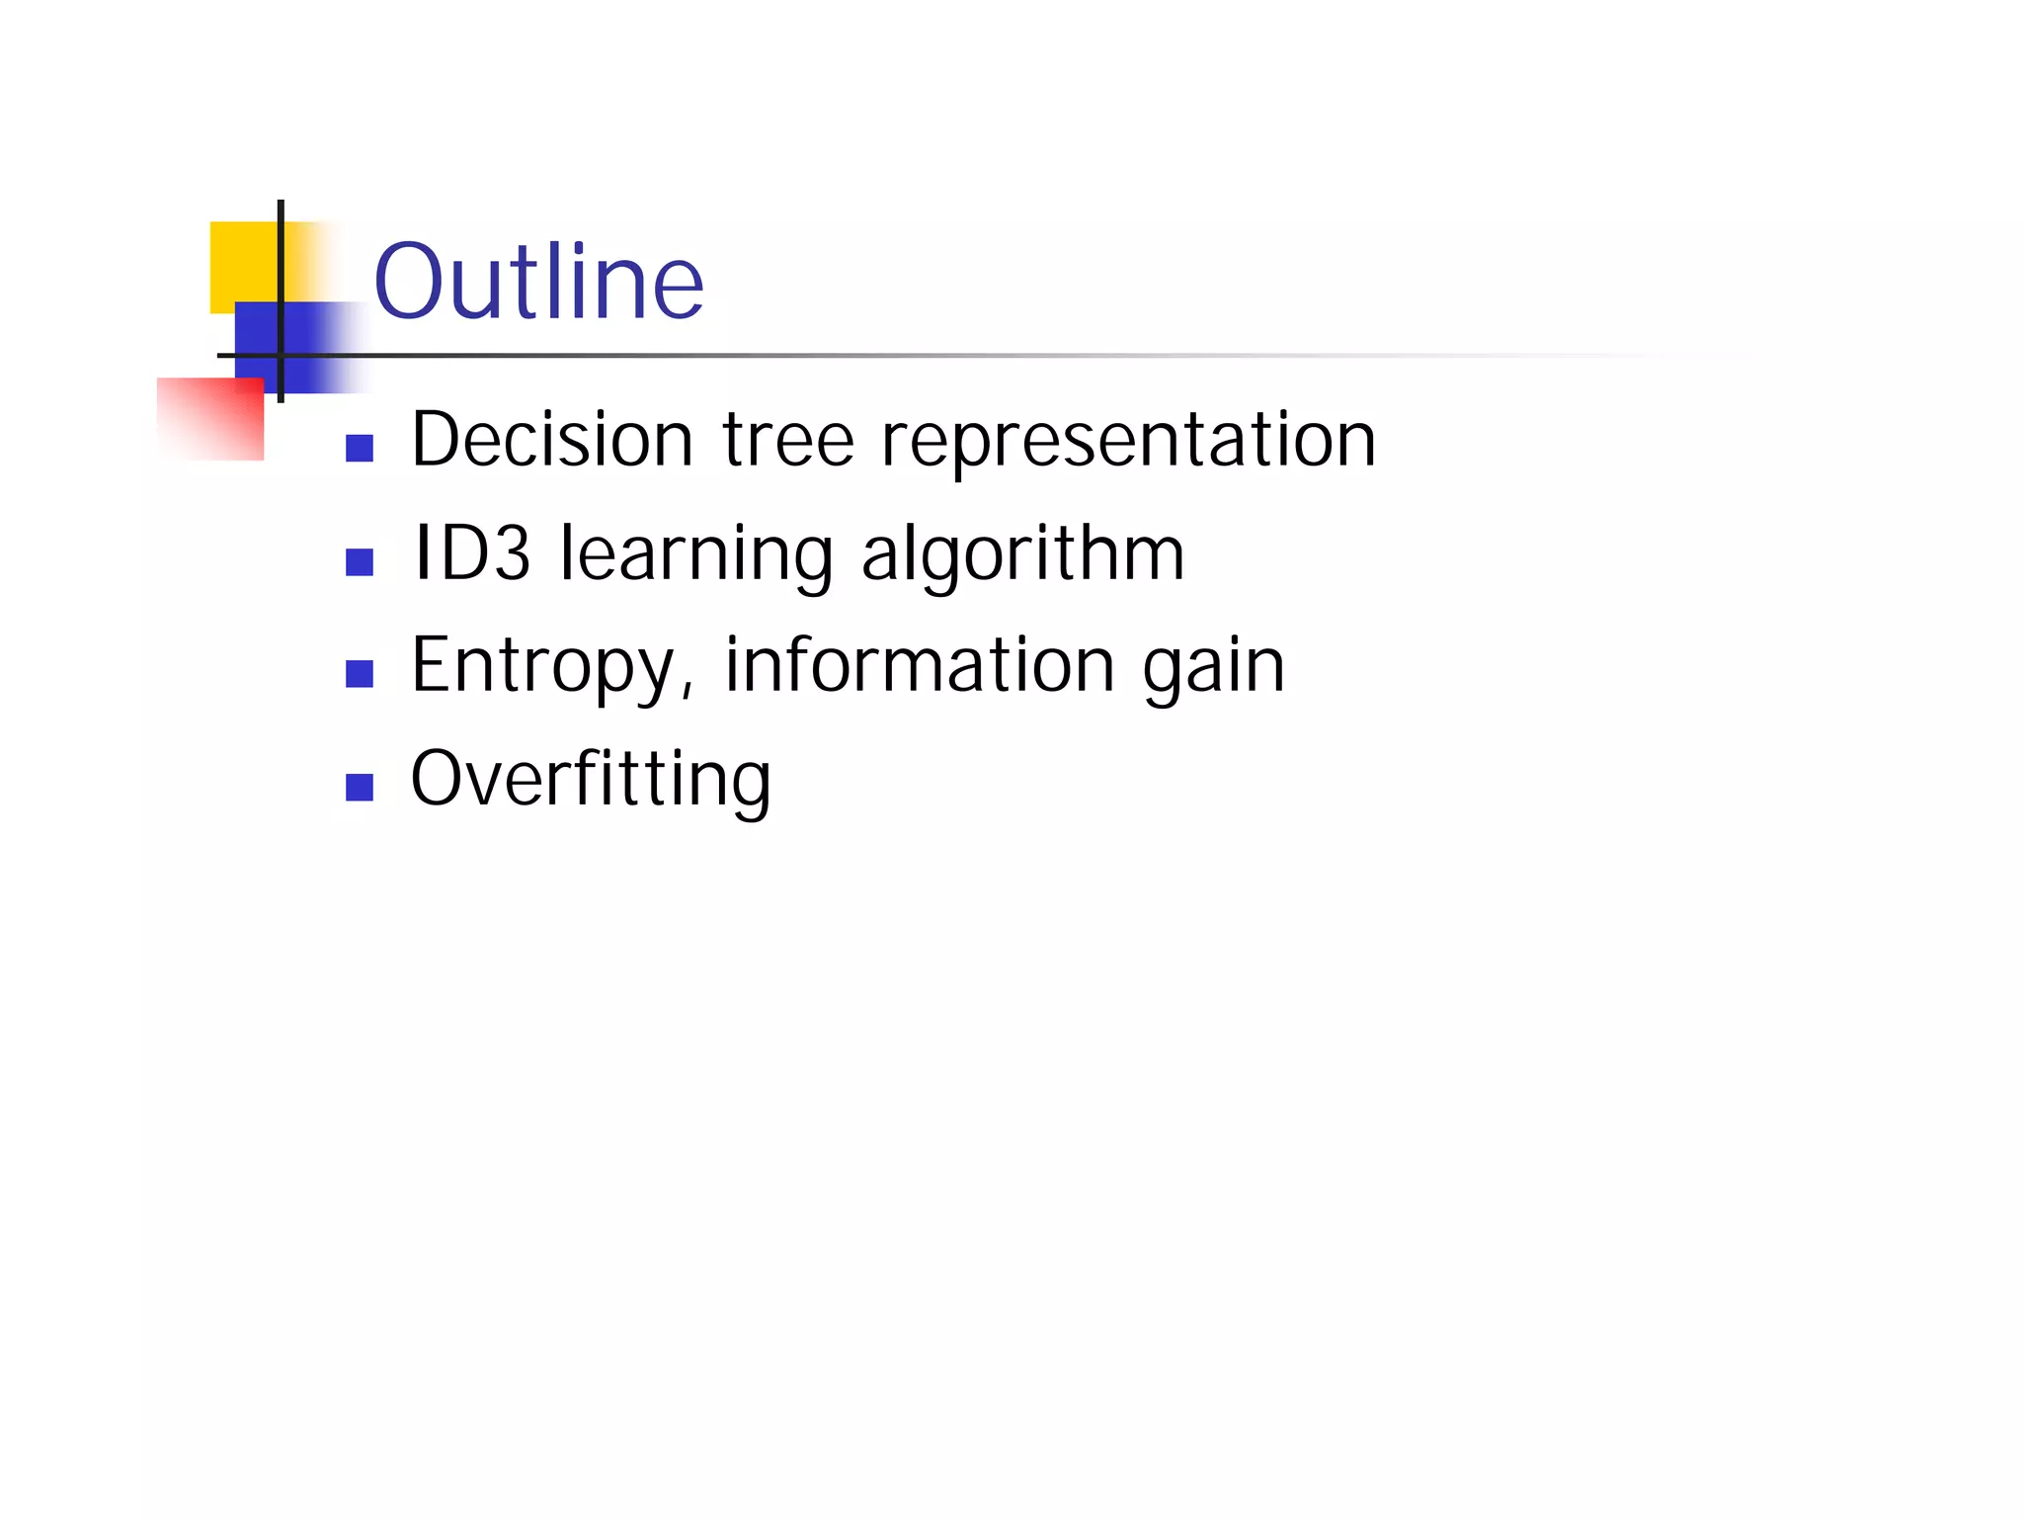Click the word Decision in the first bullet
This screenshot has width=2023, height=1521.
tap(552, 440)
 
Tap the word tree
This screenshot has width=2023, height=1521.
tap(788, 440)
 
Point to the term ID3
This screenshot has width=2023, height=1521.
tap(472, 553)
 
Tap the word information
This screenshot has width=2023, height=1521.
tap(921, 664)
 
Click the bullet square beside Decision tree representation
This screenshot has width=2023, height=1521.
tap(360, 449)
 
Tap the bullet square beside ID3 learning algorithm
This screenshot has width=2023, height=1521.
tap(360, 562)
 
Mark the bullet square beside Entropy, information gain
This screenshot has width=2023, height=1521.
tap(360, 674)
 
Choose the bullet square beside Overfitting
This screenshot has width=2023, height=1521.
tap(360, 788)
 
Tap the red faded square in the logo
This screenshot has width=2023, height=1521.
tap(210, 419)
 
